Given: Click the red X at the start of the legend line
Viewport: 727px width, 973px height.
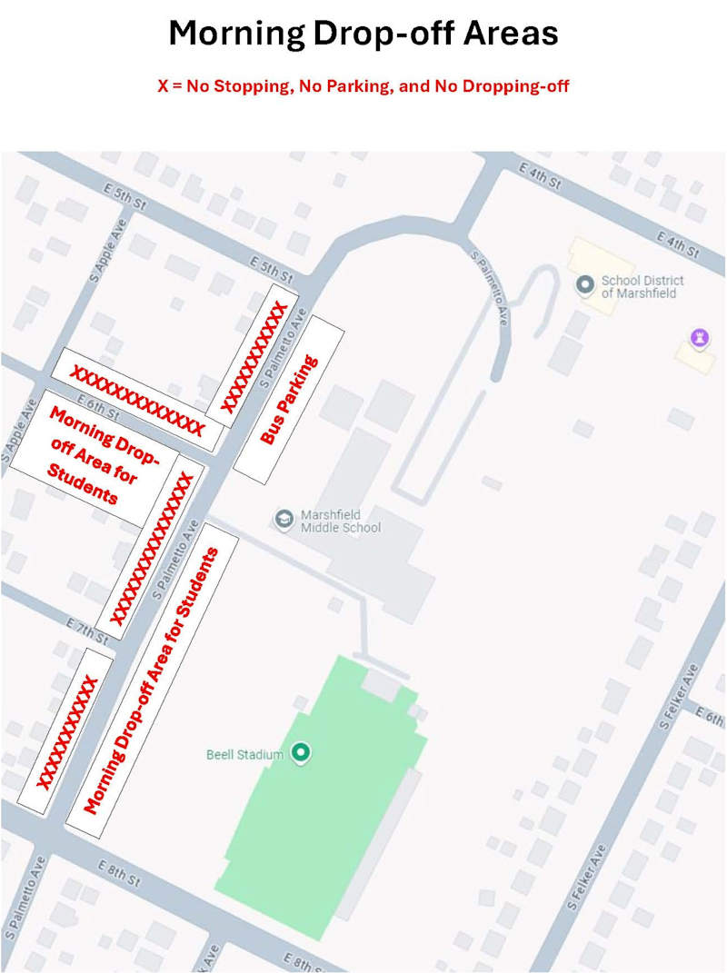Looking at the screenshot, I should click(163, 87).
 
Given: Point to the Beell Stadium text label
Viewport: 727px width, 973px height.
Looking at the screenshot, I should click(244, 754).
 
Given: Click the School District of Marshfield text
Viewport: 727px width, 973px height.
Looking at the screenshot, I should click(642, 286).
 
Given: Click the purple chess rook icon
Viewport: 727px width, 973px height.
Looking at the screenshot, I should click(698, 339).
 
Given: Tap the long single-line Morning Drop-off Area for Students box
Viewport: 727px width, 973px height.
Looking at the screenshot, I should click(153, 680).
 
